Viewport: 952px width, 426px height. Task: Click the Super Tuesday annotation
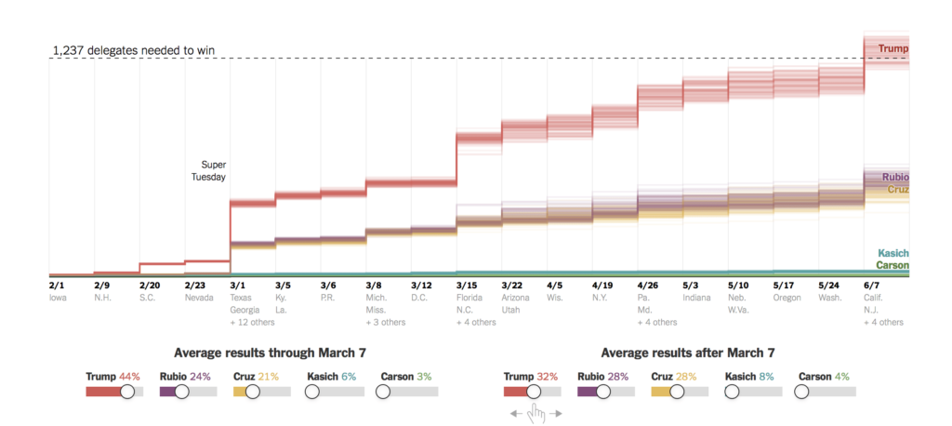pos(214,171)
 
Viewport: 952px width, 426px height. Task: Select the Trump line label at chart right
pos(892,48)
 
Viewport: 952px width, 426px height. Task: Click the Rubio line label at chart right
pos(894,177)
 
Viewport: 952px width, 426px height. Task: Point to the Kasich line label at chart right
pos(892,253)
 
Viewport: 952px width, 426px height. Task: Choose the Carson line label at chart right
pos(892,265)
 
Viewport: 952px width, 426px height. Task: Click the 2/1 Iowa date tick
pos(57,286)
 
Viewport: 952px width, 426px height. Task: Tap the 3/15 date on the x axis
pos(467,286)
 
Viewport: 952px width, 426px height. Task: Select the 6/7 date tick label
pos(872,286)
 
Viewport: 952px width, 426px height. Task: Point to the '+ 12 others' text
pos(252,322)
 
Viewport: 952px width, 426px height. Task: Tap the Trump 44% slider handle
pos(128,392)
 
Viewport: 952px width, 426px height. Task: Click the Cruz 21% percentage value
pos(269,377)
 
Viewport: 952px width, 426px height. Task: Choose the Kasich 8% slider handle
pos(733,392)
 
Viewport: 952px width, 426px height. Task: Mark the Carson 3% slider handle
pos(384,392)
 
